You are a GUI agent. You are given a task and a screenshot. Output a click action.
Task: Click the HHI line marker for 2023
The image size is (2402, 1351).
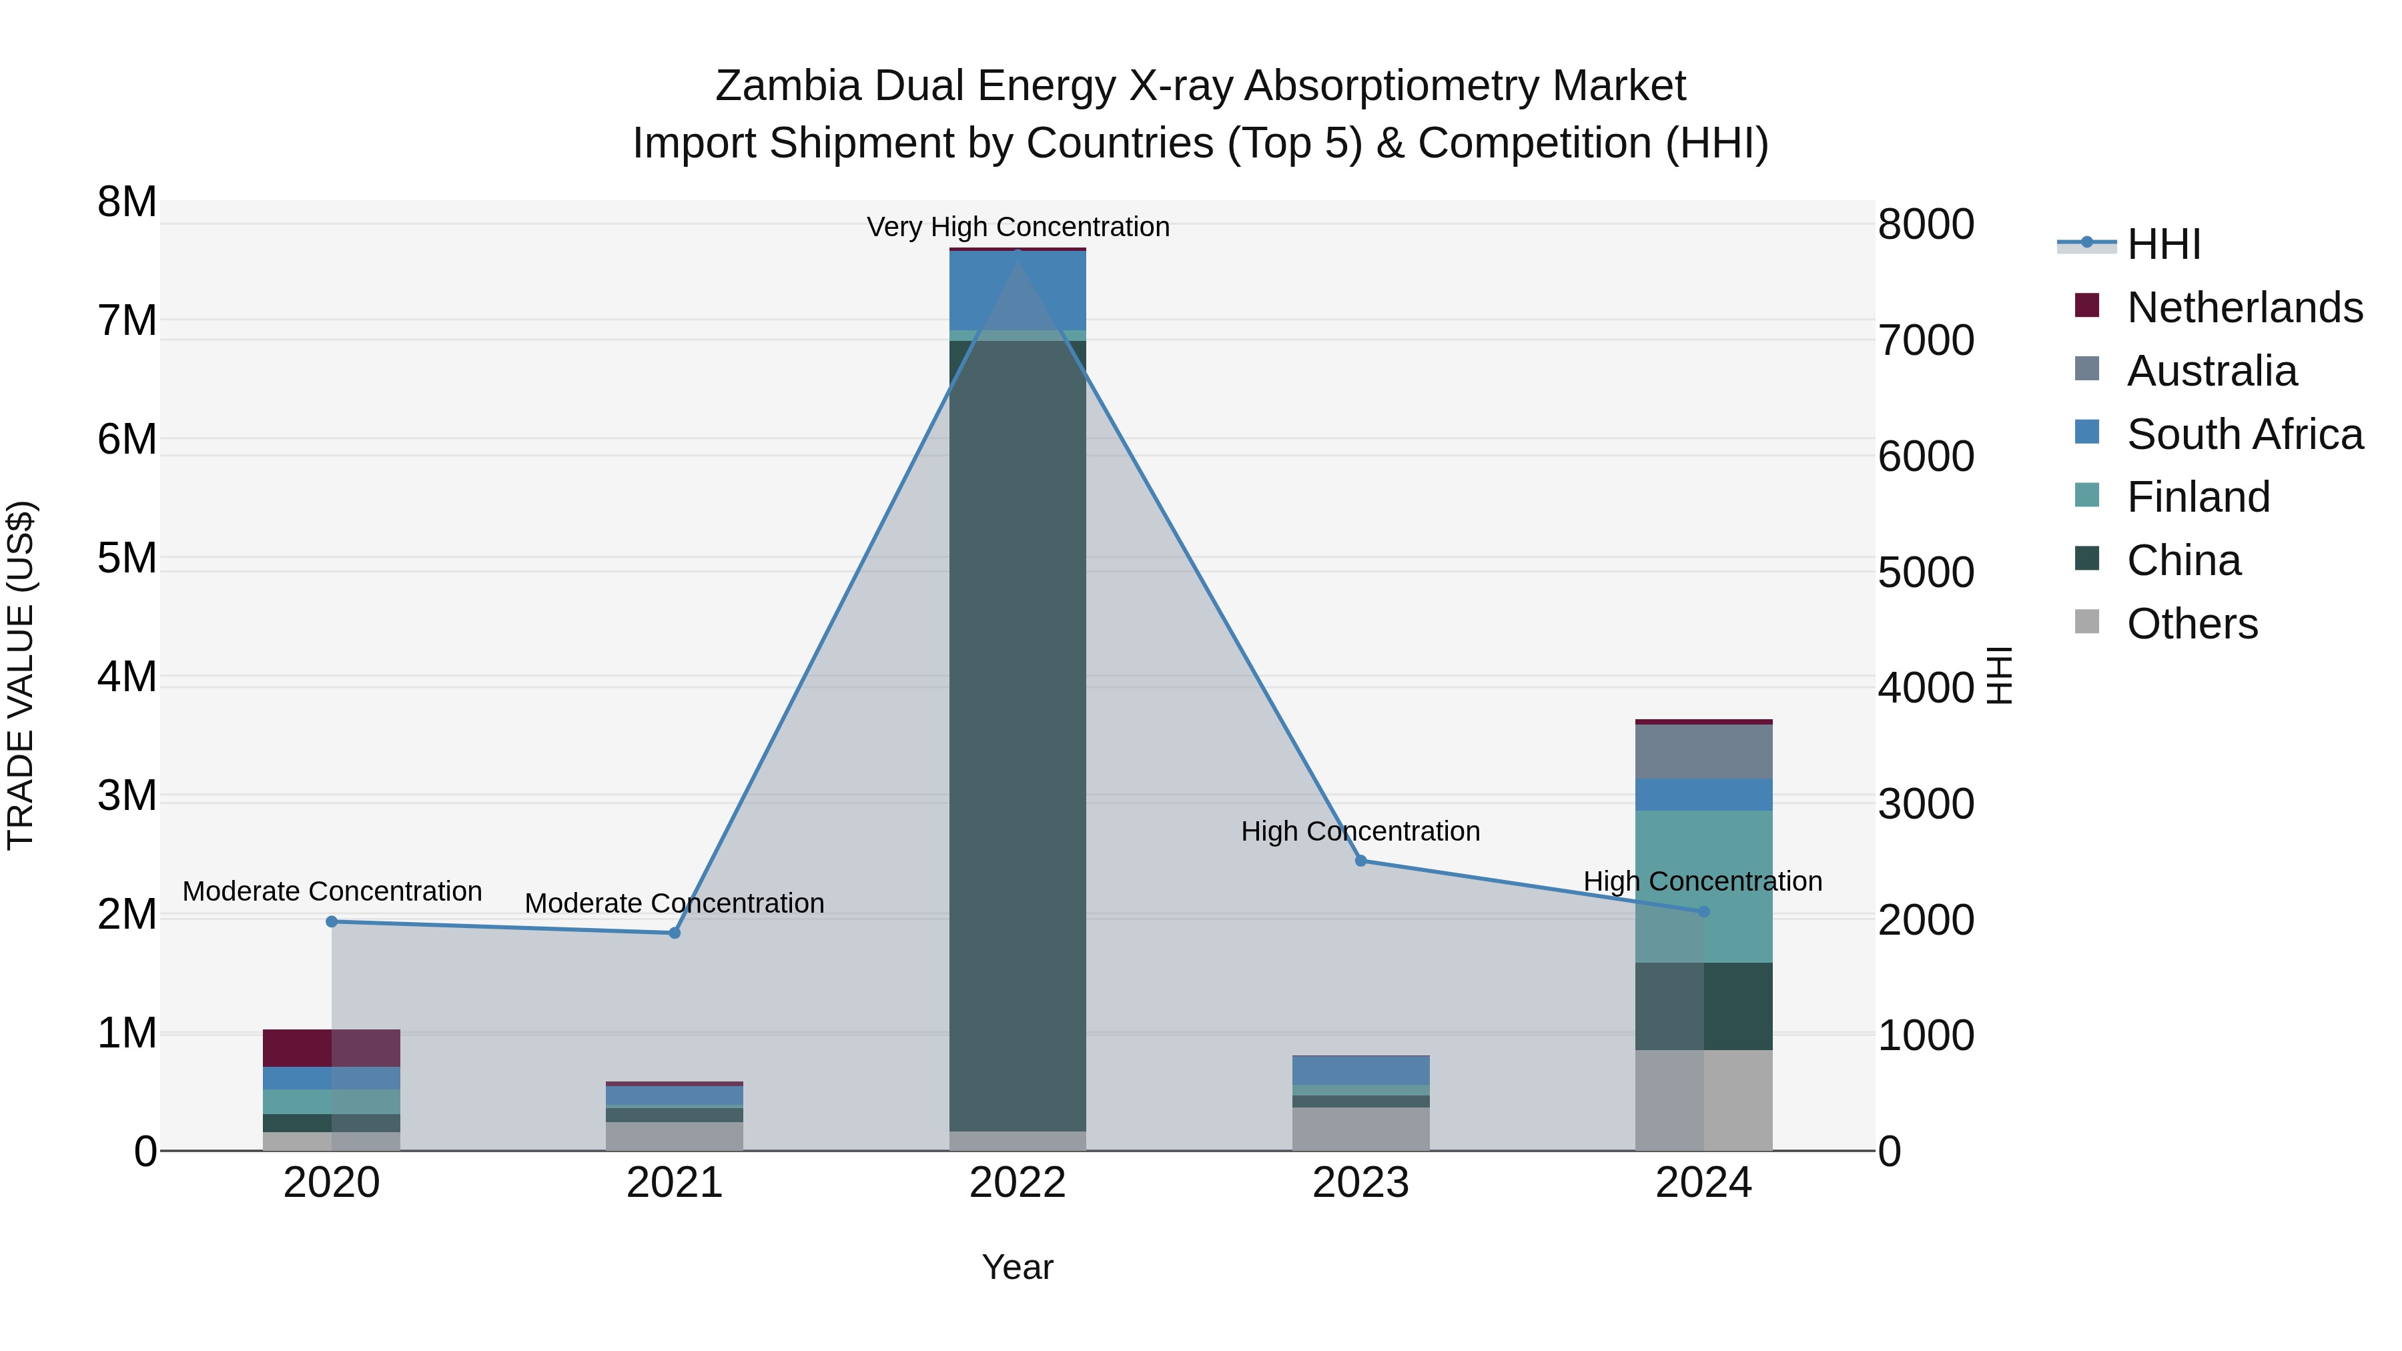coord(1360,861)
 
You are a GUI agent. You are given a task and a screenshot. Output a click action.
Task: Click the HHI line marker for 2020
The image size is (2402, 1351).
coord(332,921)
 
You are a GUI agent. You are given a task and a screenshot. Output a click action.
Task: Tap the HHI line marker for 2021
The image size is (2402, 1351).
coord(675,933)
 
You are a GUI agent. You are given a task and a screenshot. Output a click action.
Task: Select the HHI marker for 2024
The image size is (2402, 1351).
coord(1703,911)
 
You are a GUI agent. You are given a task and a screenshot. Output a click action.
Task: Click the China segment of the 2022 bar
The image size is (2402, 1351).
coord(1018,737)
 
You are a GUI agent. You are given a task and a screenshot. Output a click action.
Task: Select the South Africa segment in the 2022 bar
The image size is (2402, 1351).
coord(1018,291)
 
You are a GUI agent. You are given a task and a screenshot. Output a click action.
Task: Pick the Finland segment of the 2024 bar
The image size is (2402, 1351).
coord(1703,886)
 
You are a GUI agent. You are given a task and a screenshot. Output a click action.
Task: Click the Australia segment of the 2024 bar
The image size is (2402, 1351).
coord(1703,751)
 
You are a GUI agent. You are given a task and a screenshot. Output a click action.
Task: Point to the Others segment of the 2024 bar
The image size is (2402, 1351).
coord(1703,1100)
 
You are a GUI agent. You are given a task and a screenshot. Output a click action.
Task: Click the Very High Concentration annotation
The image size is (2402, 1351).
coord(1018,227)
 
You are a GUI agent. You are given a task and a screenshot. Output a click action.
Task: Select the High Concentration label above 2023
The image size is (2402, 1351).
coord(1360,831)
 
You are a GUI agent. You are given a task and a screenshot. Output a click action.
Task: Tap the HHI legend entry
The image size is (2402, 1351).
coord(2163,244)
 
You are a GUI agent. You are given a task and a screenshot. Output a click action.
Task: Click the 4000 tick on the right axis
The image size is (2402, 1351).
coord(1926,688)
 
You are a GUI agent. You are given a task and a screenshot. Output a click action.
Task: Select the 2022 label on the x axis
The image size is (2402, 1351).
coord(1018,1183)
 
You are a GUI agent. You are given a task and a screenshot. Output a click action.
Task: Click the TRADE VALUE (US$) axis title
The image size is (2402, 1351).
coord(21,675)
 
